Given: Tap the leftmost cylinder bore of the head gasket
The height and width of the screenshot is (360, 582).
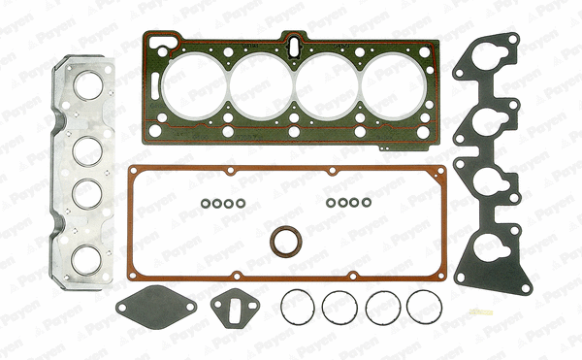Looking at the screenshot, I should pos(192,83).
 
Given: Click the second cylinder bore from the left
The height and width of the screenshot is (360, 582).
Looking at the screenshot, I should pos(259,83).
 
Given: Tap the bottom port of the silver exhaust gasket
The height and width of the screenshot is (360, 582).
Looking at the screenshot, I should pos(88,261).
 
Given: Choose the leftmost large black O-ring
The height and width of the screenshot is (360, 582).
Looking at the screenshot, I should pos(299,309).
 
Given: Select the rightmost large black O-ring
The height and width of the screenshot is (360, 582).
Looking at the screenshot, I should pos(425,309).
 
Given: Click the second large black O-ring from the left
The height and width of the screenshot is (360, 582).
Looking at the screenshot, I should pos(340,309).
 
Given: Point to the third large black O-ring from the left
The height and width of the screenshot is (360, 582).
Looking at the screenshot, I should pos(383,309).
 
